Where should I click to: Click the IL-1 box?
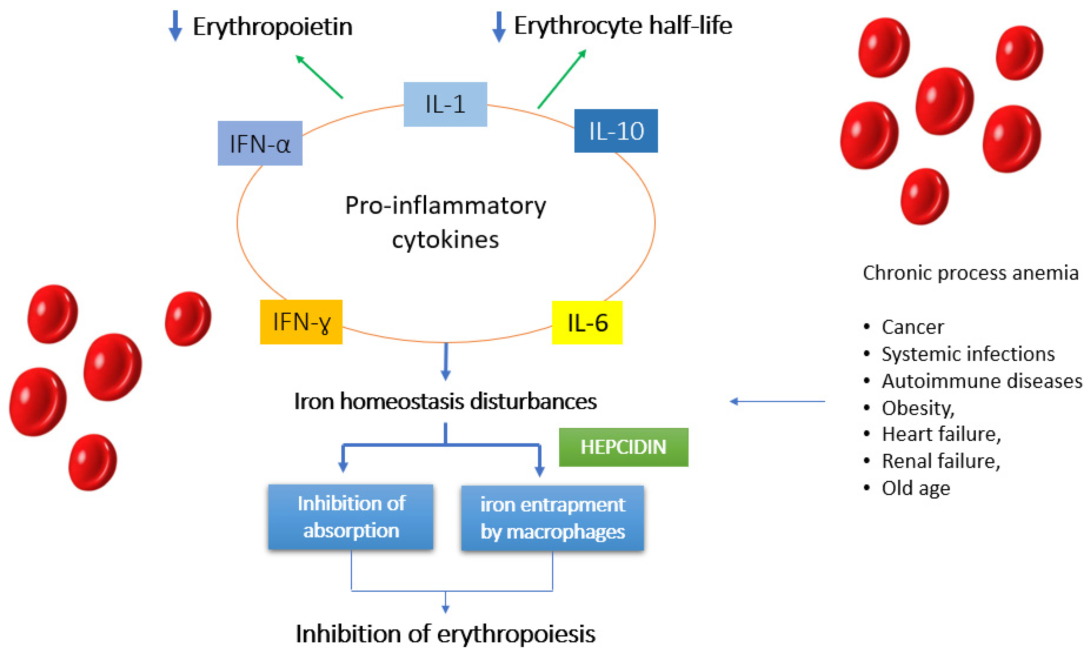(445, 104)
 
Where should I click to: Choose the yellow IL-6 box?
(587, 323)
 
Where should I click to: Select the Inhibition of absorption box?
(351, 517)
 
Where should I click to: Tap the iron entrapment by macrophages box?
(552, 518)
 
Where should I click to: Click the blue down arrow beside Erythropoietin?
(175, 26)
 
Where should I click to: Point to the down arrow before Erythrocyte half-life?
(498, 26)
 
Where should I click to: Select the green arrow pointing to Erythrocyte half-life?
(562, 78)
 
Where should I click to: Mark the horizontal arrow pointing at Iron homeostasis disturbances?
(777, 401)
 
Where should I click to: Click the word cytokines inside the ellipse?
(445, 240)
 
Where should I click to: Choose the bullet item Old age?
(915, 488)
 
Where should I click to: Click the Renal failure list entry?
(940, 461)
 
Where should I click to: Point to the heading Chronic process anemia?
(971, 273)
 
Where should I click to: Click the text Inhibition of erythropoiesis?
(445, 634)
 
